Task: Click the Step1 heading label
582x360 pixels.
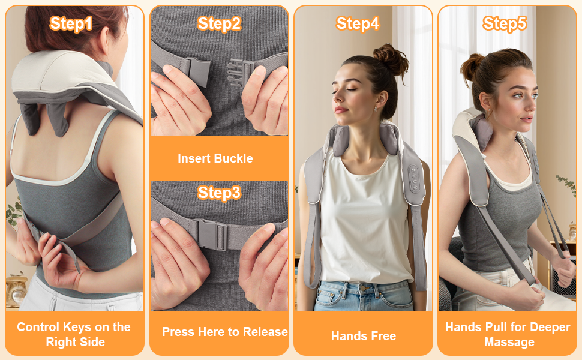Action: pos(71,24)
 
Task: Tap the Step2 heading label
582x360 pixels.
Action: pos(219,24)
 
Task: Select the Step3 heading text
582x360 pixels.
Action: pos(219,193)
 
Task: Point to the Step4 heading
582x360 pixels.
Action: pos(358,24)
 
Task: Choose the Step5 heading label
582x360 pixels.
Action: pos(505,24)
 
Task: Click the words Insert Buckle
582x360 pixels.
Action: pos(215,158)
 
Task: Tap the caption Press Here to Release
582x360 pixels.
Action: pos(225,332)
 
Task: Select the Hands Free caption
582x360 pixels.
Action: pos(364,336)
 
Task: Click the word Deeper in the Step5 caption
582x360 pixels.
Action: pos(550,328)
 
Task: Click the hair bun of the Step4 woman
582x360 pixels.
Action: pos(390,59)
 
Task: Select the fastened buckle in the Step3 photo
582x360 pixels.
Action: pos(212,234)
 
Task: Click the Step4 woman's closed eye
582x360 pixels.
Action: pos(351,90)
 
